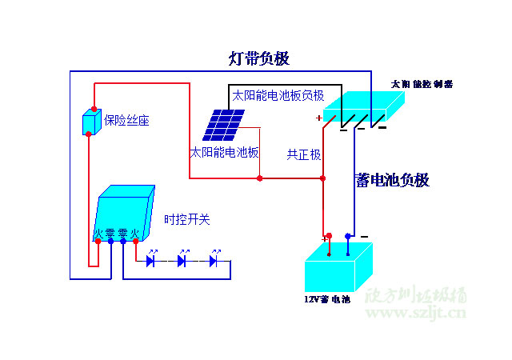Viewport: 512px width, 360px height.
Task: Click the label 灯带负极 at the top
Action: tap(259, 58)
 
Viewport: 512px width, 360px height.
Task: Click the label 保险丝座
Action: tap(126, 121)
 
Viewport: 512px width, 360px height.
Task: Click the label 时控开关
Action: tap(187, 219)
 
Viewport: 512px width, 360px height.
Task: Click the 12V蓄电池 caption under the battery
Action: tap(326, 299)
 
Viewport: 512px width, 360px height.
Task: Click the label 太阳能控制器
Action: tap(422, 83)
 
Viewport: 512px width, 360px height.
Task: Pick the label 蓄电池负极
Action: tap(392, 181)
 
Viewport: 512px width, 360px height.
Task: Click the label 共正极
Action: tap(304, 154)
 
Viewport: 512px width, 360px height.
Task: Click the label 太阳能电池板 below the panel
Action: tap(224, 152)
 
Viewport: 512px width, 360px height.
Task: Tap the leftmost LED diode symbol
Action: tap(151, 260)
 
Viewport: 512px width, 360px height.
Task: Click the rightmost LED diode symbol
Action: tap(214, 260)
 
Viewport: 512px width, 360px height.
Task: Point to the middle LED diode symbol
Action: tap(182, 260)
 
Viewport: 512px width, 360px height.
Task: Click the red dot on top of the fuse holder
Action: tap(94, 109)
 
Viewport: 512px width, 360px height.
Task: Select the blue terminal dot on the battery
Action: tap(347, 236)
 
